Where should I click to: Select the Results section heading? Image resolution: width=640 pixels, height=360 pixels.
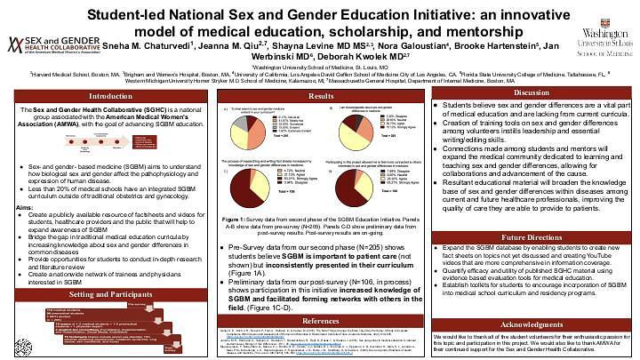pyautogui.click(x=321, y=95)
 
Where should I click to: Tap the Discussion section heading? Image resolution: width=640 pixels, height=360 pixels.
pyautogui.click(x=532, y=92)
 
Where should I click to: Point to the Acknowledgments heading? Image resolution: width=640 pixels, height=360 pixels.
pyautogui.click(x=531, y=300)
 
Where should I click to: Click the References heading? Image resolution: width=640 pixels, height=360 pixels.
pyautogui.click(x=321, y=319)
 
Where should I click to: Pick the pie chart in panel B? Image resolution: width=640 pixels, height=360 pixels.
pyautogui.click(x=361, y=129)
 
